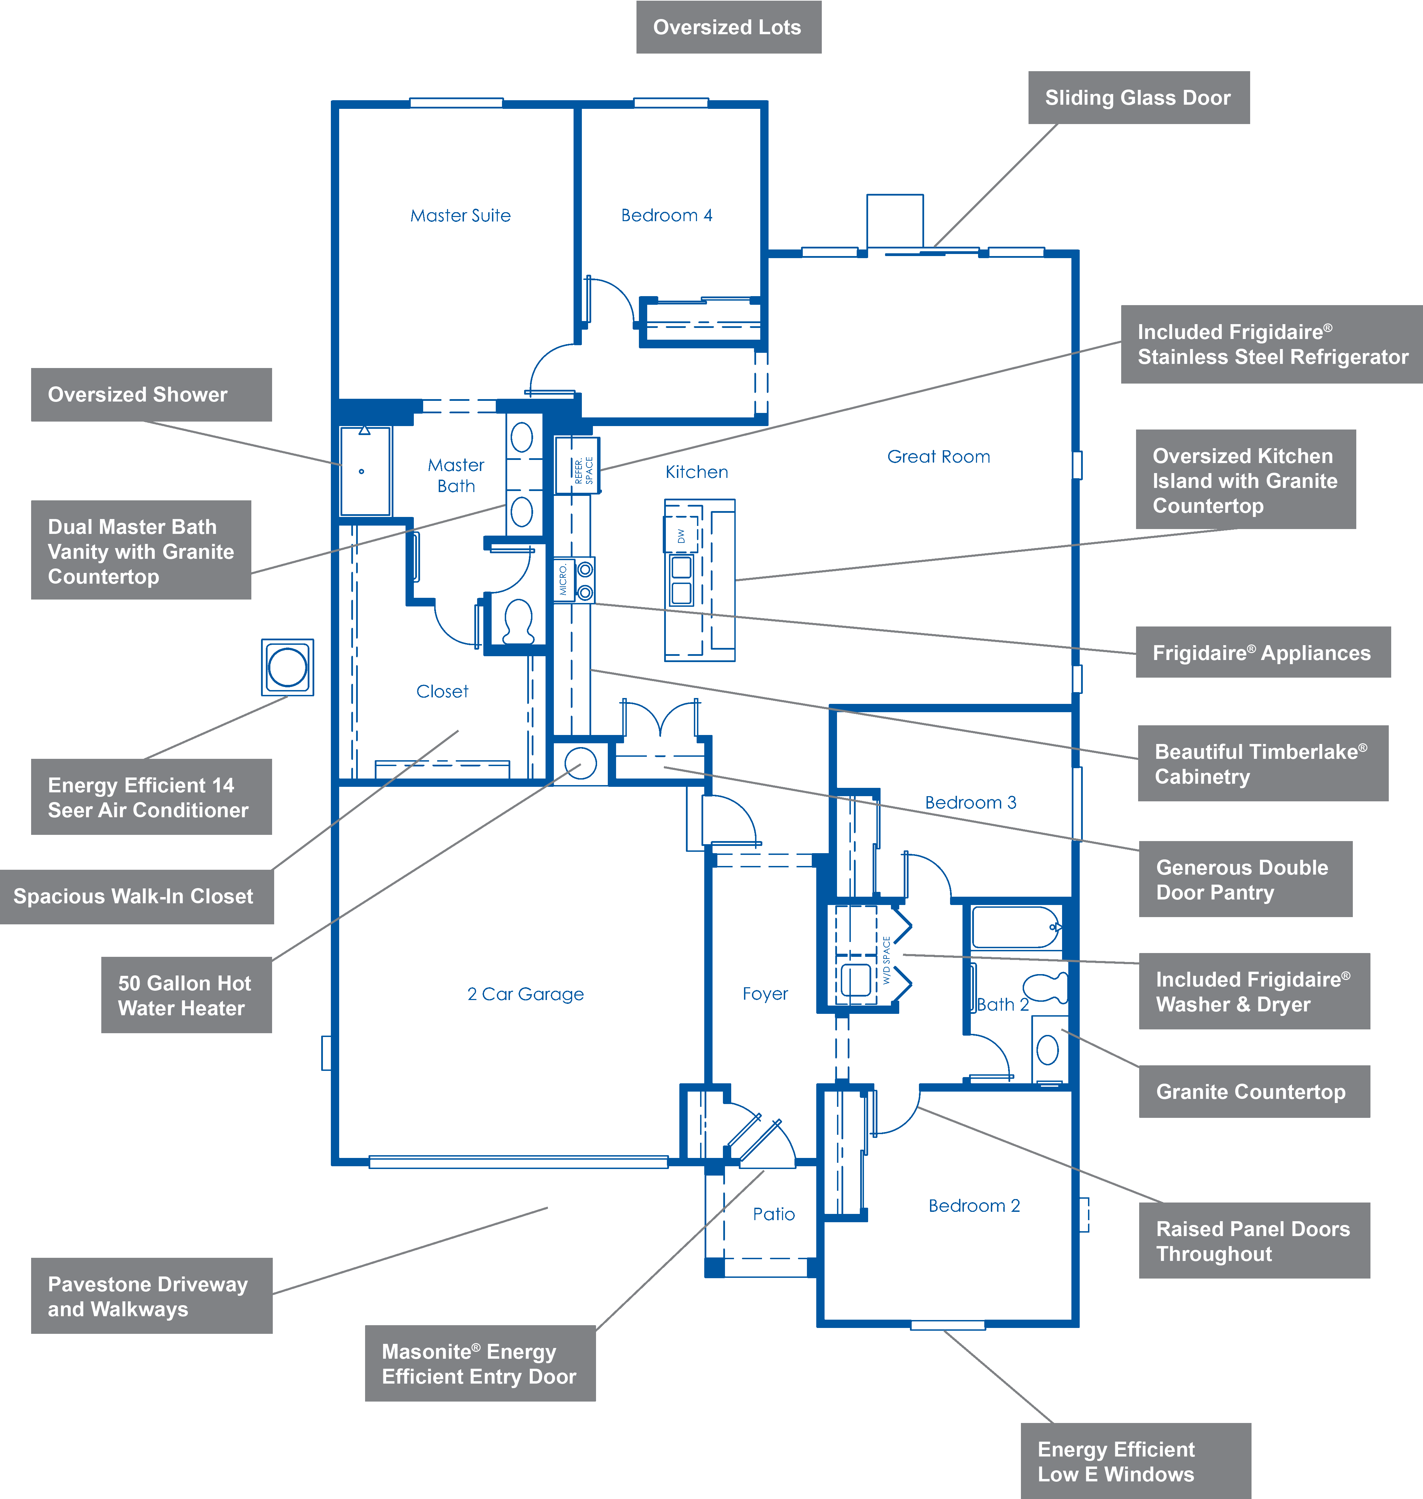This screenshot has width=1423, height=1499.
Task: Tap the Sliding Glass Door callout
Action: click(1138, 98)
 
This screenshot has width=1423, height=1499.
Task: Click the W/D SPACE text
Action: click(887, 960)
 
